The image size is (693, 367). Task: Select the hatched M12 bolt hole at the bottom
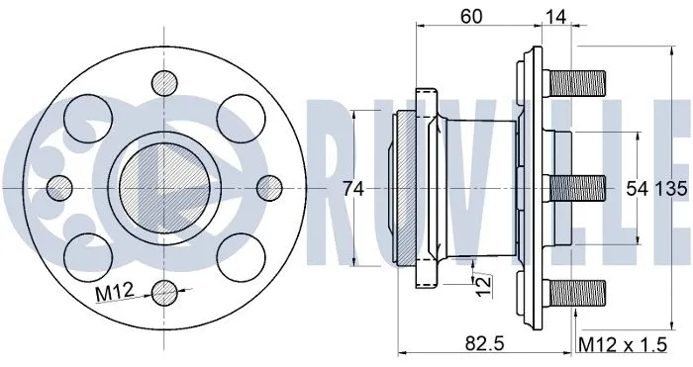[164, 291]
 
